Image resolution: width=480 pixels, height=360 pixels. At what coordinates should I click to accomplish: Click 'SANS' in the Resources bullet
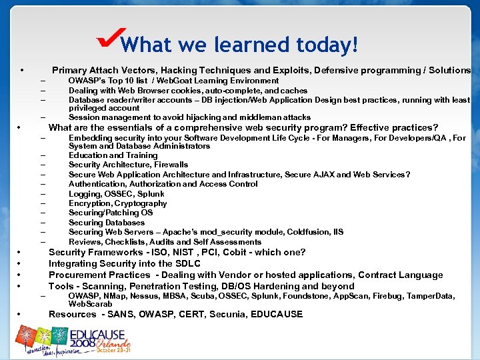coord(120,314)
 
